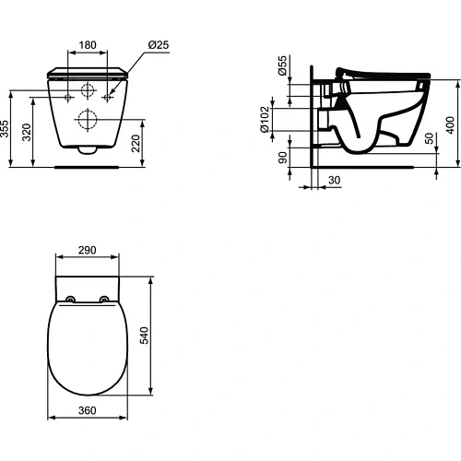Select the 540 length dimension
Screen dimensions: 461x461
pos(143,337)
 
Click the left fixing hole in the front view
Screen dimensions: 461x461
pos(70,96)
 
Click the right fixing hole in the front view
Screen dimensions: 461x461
pos(108,96)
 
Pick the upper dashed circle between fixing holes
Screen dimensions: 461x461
pos(89,91)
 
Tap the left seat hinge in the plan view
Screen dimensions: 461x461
pos(72,298)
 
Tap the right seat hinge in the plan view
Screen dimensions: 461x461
pos(105,298)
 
